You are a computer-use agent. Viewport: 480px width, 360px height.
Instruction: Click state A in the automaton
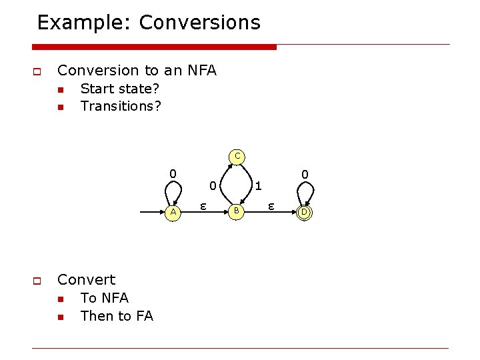point(173,212)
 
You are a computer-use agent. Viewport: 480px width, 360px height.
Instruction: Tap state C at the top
point(237,157)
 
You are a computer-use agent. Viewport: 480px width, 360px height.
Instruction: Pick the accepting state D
point(303,212)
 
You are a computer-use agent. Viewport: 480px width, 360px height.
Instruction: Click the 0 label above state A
point(173,174)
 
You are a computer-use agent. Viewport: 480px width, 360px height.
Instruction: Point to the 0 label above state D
point(304,174)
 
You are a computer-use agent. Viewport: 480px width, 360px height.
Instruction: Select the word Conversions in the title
point(200,23)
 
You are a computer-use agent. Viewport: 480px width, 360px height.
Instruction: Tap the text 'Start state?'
point(120,89)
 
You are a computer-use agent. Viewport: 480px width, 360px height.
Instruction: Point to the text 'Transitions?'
point(121,106)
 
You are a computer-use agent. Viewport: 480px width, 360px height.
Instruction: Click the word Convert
point(87,279)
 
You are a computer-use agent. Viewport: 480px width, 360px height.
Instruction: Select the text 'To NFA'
point(104,298)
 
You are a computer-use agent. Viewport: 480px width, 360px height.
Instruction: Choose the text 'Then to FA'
point(117,316)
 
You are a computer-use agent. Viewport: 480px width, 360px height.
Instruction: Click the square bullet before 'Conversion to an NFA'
point(37,71)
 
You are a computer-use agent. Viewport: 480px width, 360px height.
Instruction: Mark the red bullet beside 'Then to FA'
point(59,317)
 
